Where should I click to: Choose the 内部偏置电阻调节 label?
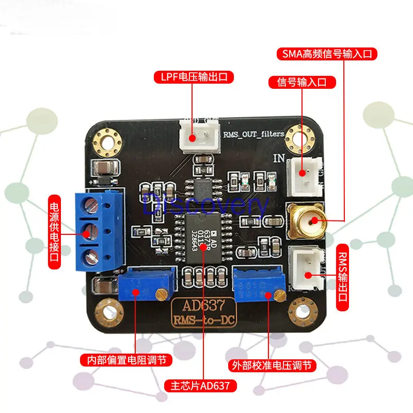click(126, 359)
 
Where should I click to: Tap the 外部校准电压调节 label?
click(272, 366)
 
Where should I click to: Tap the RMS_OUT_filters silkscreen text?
click(253, 134)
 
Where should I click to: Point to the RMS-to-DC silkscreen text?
click(203, 321)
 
